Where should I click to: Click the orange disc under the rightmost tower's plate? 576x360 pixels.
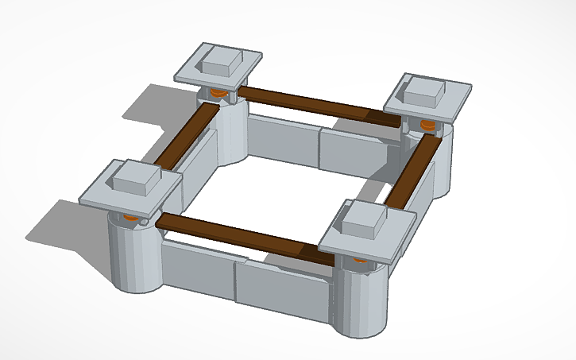tap(427, 125)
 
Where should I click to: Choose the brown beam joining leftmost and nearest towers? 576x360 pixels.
tap(238, 236)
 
